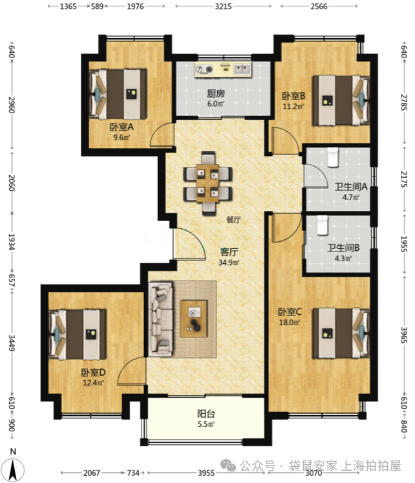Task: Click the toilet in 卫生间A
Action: [332, 157]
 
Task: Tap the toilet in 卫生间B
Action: [323, 225]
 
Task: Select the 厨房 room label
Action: [215, 93]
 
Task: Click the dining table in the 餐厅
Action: [207, 183]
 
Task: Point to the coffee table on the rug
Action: [194, 319]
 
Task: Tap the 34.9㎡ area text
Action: [229, 263]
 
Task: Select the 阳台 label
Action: [206, 414]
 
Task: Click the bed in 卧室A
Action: [118, 94]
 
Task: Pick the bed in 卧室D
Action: [78, 334]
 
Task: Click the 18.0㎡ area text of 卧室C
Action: [290, 323]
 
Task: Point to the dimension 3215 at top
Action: [223, 6]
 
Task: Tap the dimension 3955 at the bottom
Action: [206, 473]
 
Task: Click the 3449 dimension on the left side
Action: [12, 343]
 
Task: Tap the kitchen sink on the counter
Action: [242, 69]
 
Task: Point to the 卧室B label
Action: [293, 96]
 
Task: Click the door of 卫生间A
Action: [315, 176]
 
